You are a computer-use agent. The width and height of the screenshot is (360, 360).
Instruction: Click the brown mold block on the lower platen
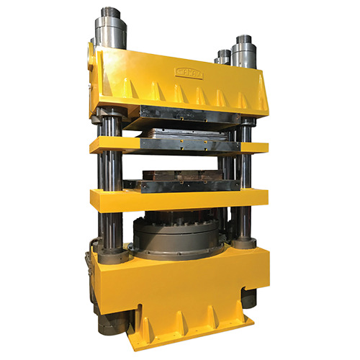click(x=180, y=176)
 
